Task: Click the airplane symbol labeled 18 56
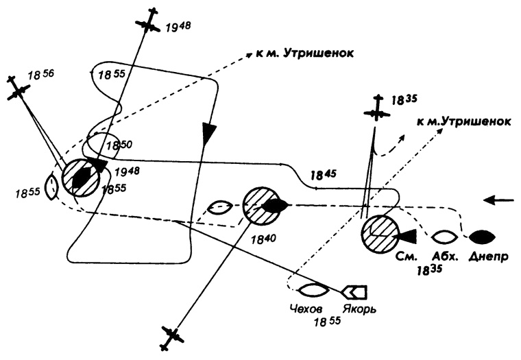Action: pyautogui.click(x=18, y=90)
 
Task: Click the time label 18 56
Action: pyautogui.click(x=38, y=71)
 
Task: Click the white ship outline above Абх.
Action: pyautogui.click(x=445, y=237)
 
